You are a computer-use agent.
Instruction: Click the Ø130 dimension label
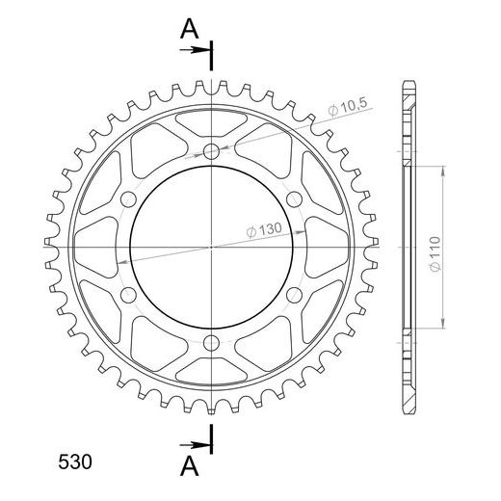click(264, 230)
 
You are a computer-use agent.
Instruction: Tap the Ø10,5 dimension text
click(347, 107)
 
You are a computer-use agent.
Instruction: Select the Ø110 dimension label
click(435, 253)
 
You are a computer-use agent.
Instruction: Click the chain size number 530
click(75, 462)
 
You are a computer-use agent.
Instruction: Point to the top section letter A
click(190, 29)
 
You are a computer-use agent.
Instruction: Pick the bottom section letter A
click(190, 466)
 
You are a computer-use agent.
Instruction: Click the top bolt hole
click(211, 151)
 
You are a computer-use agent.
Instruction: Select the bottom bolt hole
click(211, 343)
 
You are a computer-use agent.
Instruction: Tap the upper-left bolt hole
click(128, 199)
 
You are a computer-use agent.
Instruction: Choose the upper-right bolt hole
click(294, 199)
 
